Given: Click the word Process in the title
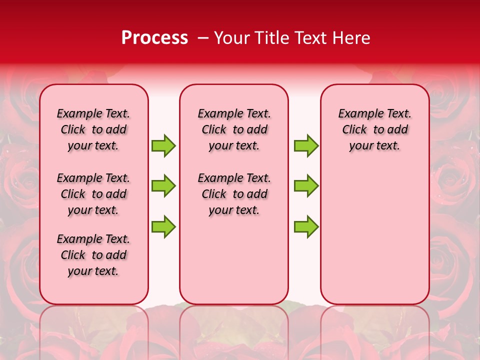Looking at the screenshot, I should [154, 38].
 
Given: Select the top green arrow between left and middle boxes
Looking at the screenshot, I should [163, 145].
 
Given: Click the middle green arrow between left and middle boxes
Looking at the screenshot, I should [163, 186].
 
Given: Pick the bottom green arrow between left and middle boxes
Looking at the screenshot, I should [163, 226].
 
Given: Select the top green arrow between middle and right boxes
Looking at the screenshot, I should [306, 145].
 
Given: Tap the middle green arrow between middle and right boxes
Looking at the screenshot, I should [306, 186].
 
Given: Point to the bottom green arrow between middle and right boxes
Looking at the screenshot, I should [306, 226].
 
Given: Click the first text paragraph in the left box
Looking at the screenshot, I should [93, 129].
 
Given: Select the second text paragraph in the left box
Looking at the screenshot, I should [93, 194].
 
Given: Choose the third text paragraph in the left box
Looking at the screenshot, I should [93, 255].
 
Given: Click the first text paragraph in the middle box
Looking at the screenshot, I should [234, 129].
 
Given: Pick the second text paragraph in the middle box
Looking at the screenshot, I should [234, 194].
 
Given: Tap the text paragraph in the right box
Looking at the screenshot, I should [374, 129].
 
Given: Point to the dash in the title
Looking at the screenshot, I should [203, 38].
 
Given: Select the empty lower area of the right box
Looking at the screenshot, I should [374, 235].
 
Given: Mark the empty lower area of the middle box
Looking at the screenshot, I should [234, 260].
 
